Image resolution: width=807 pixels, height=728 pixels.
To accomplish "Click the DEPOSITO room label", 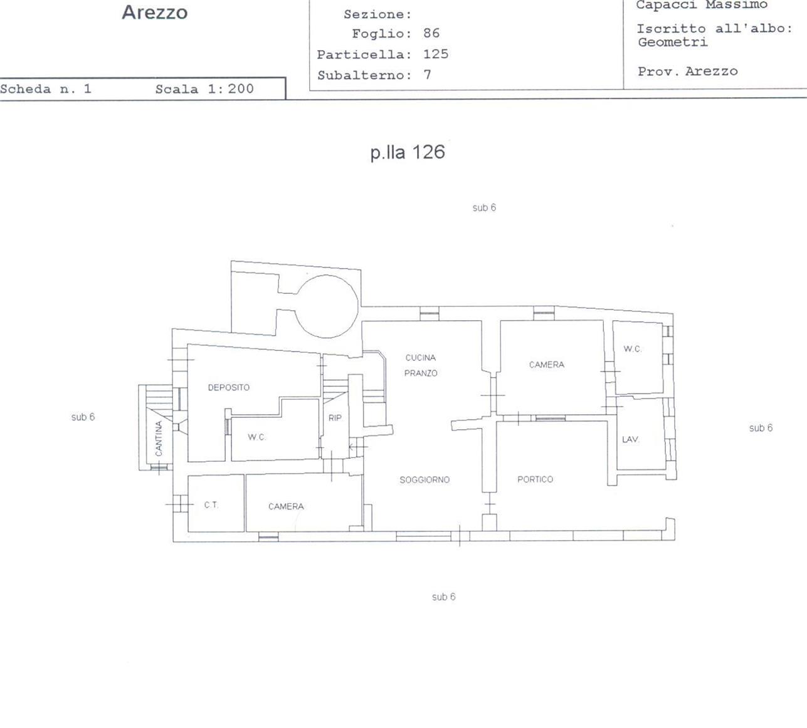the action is click(x=228, y=387).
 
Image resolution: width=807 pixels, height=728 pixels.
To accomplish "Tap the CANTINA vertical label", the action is click(x=159, y=438).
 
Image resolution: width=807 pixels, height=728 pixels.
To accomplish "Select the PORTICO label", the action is click(x=535, y=479).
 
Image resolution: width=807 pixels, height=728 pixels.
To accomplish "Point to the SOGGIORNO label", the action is click(x=425, y=479).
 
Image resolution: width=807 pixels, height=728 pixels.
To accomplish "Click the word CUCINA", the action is click(x=420, y=357).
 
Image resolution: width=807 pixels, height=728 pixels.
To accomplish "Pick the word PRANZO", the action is click(x=421, y=373).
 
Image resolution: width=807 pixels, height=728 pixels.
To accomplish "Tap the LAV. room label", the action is click(x=630, y=439).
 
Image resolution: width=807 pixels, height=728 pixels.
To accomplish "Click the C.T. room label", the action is click(x=211, y=505).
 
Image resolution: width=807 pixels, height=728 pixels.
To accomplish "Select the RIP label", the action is click(x=335, y=418).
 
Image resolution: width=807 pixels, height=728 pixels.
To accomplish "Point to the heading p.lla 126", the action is click(x=408, y=152).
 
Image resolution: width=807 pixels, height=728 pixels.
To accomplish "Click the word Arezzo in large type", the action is click(x=155, y=12).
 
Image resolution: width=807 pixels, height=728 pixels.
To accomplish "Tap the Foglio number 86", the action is click(x=431, y=33).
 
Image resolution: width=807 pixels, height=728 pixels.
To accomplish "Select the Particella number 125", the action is click(x=436, y=54).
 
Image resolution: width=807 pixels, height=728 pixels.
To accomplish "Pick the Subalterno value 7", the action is click(x=427, y=75).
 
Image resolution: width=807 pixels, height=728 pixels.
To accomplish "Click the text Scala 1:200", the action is click(x=204, y=89).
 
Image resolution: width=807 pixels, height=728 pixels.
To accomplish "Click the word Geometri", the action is click(x=673, y=42).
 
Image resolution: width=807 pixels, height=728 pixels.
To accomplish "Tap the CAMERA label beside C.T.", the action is click(x=286, y=506).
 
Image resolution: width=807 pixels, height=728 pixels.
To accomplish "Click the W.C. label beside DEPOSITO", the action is click(x=256, y=437).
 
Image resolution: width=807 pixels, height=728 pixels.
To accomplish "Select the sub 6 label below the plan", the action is click(x=444, y=597).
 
